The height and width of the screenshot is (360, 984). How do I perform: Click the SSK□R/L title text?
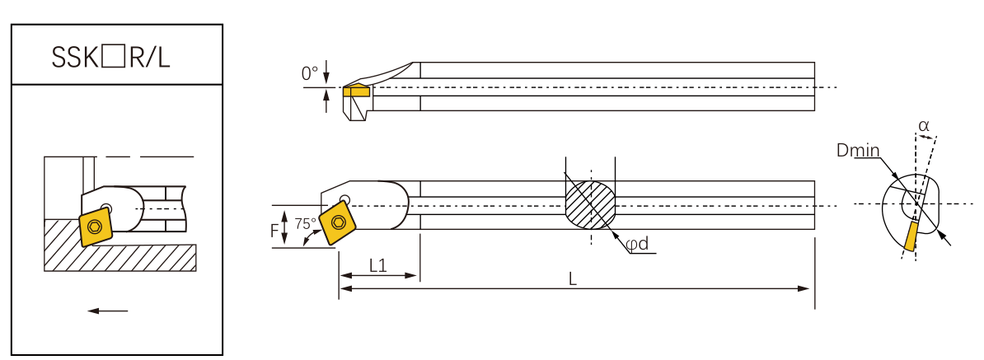pos(116,56)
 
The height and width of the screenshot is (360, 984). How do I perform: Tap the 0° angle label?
pos(309,74)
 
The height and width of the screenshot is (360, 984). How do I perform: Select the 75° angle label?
pos(305,224)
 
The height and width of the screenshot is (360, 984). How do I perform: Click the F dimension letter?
pos(274,231)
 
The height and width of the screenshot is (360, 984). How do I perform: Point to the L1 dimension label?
pos(378,265)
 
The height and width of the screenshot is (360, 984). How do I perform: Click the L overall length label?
pos(573,279)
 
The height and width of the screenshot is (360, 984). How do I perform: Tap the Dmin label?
pos(857,151)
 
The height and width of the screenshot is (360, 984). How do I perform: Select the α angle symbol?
pos(923,125)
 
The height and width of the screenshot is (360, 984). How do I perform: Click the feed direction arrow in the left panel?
pos(108,311)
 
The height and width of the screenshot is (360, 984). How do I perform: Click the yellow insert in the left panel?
pos(96,226)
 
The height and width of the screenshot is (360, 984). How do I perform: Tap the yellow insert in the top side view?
pos(357,91)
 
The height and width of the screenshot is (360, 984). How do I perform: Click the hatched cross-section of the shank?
pos(590,204)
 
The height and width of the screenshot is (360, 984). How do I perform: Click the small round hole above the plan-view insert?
pos(344,199)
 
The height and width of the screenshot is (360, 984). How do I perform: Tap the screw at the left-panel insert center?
pos(96,226)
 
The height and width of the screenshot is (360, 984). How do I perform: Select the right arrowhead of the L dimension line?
pos(808,288)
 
